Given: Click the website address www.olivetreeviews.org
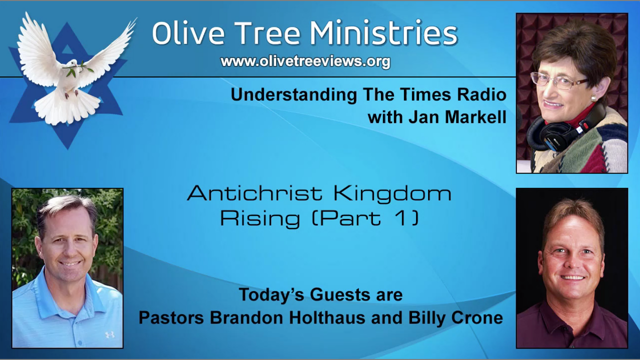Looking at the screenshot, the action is [305, 61].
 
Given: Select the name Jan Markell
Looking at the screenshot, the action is [457, 117].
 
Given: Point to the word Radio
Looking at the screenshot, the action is [481, 94].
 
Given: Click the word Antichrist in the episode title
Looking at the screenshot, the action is [254, 193].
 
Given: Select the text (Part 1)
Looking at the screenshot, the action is [365, 219].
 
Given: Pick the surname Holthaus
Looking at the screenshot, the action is [327, 317].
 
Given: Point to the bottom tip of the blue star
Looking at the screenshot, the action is [67, 149].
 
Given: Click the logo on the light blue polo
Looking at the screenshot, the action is [109, 335].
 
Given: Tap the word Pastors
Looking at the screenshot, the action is [171, 317].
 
